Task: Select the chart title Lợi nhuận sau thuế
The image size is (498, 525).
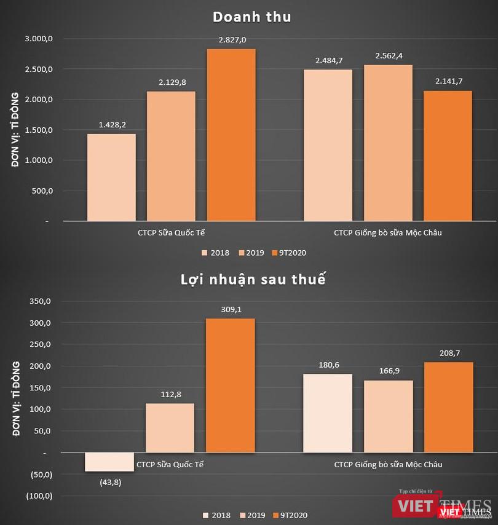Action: [x=252, y=279]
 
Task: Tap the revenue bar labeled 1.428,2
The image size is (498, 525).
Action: [x=111, y=177]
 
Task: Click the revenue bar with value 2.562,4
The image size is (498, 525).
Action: [x=388, y=142]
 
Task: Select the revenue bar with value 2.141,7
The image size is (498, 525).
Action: [x=448, y=156]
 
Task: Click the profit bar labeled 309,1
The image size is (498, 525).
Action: [x=231, y=385]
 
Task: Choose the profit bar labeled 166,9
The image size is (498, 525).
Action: [x=388, y=416]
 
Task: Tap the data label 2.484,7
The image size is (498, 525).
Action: [x=328, y=60]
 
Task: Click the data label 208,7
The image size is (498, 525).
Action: [x=448, y=353]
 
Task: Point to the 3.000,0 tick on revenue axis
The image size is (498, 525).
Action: [x=39, y=39]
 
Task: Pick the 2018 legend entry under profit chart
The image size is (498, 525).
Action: [x=218, y=515]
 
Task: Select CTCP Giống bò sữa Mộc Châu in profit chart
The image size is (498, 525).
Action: [x=388, y=464]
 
